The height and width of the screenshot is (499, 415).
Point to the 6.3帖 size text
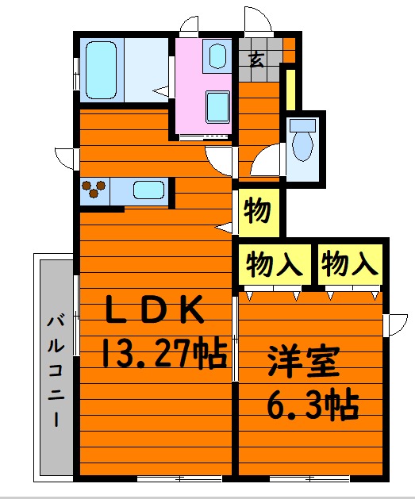(313, 406)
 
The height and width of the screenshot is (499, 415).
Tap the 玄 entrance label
(256, 59)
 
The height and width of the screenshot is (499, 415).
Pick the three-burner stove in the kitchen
(94, 190)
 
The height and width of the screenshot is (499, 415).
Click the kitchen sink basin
(148, 190)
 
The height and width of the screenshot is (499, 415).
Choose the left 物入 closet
(274, 263)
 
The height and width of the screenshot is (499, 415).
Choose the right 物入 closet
(350, 263)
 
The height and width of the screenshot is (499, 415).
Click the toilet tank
(302, 125)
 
